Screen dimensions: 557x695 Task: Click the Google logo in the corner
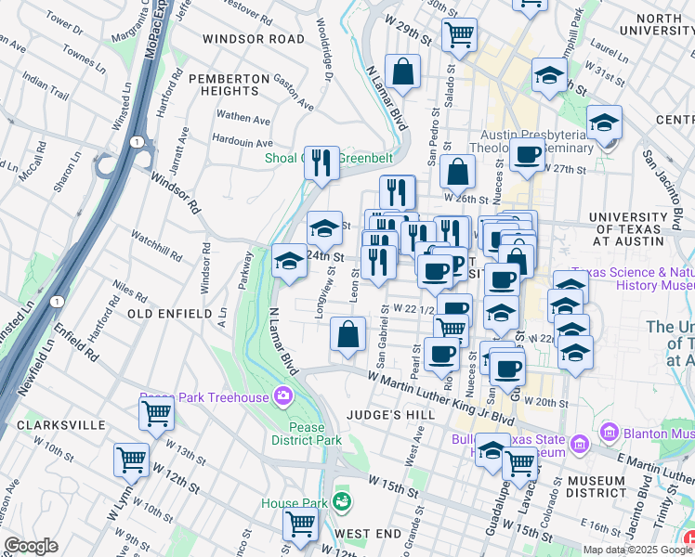click(31, 546)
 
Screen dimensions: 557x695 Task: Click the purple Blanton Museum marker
click(610, 432)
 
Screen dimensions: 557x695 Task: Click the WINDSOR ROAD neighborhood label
click(253, 39)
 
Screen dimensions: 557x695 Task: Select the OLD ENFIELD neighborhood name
click(169, 315)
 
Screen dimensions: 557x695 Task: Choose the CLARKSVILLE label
click(61, 424)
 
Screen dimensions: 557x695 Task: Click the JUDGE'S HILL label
click(385, 415)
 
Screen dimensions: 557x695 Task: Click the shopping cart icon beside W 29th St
click(460, 34)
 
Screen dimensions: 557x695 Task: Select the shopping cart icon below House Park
click(301, 525)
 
